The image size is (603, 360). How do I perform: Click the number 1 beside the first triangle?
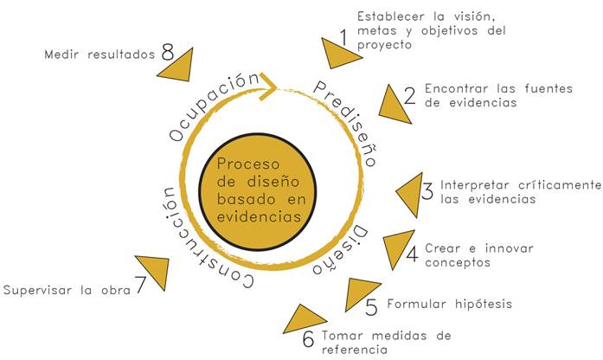tap(343, 38)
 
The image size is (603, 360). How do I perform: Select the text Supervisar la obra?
tap(67, 290)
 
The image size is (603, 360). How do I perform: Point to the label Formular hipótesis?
tap(450, 304)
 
